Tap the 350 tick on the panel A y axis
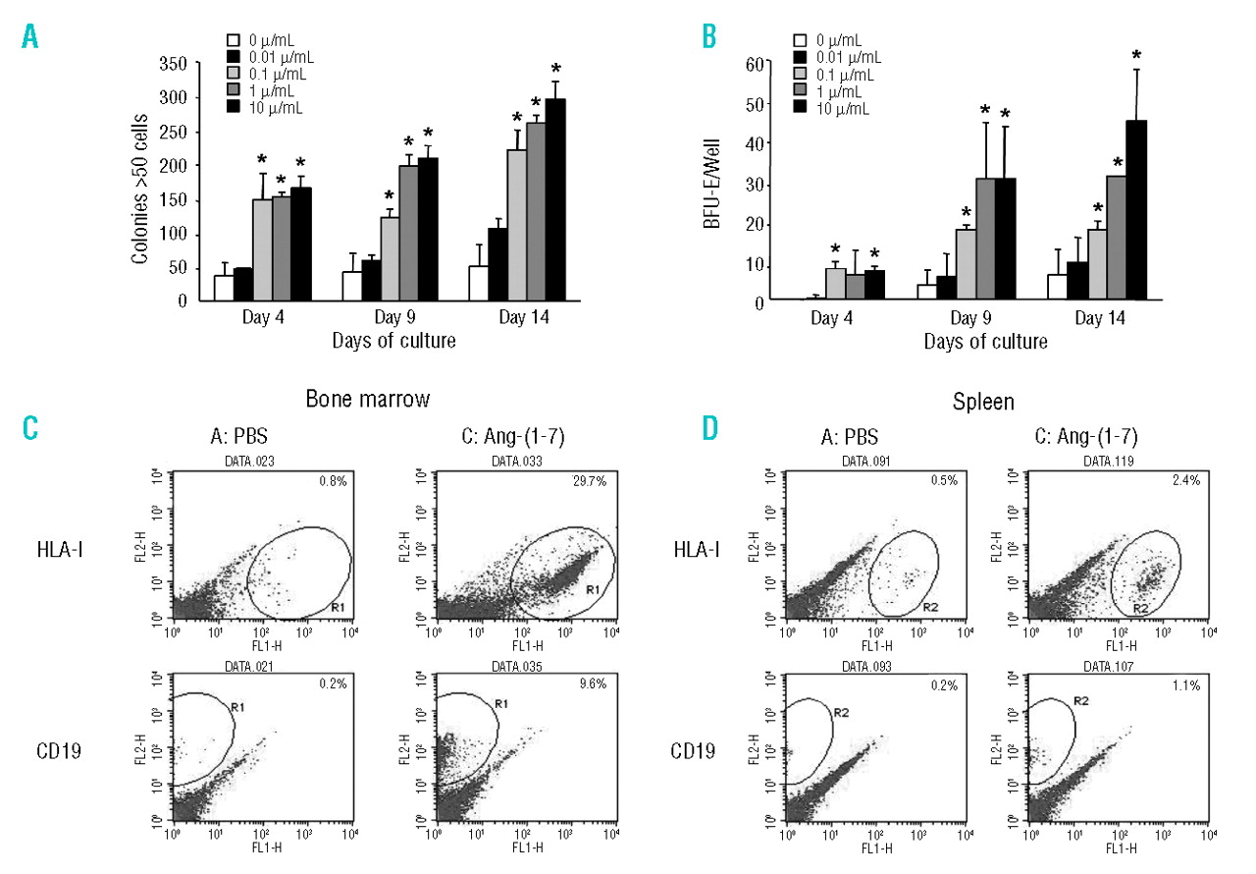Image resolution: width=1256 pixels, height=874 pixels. (x=173, y=64)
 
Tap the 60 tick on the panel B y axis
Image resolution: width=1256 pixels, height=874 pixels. (x=755, y=64)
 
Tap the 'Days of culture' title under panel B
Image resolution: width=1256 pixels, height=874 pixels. (x=984, y=342)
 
